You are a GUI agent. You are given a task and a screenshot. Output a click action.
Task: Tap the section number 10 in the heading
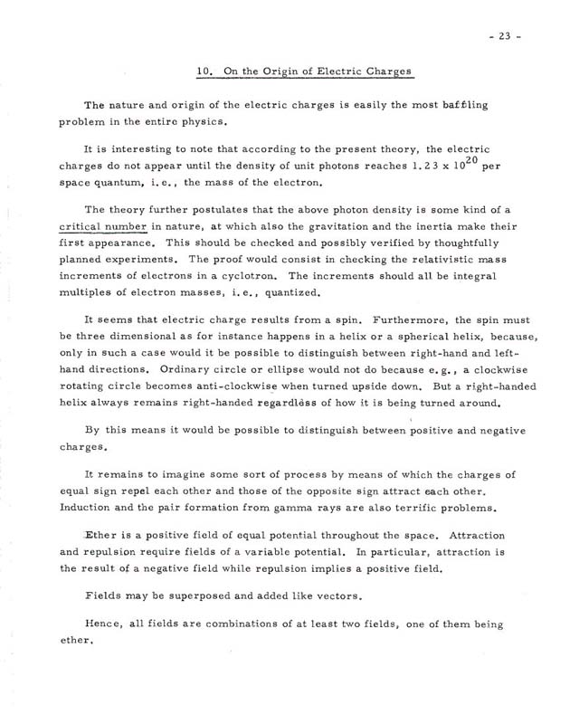click(204, 71)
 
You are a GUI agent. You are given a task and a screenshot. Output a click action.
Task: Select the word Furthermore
click(398, 319)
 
